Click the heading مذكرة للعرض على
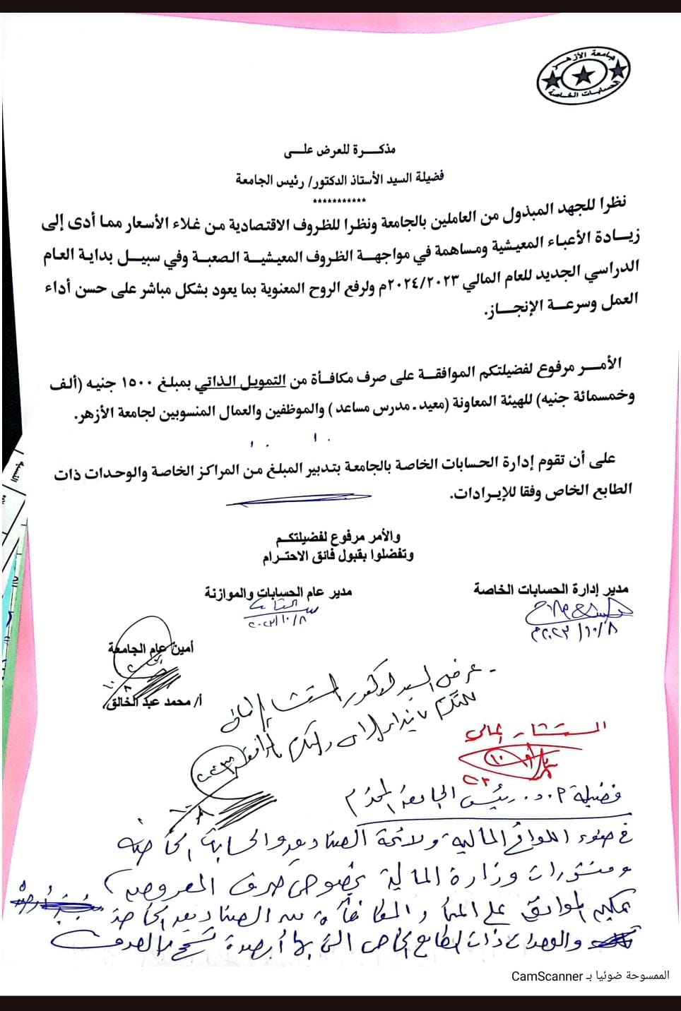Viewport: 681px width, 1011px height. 340,150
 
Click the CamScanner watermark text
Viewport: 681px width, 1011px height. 590,976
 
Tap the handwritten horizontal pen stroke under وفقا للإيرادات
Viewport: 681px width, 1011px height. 298,501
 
